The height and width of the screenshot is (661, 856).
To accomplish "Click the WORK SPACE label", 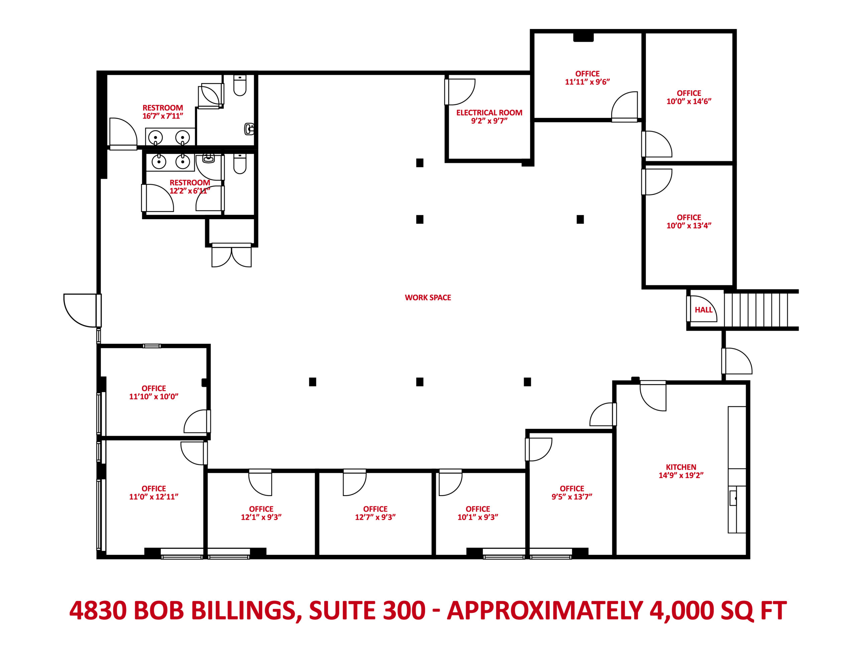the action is [428, 297].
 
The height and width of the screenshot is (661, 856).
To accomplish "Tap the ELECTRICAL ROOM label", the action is [489, 113].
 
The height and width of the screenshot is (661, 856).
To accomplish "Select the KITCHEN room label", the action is [681, 467].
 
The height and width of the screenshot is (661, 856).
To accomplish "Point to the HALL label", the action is [704, 310].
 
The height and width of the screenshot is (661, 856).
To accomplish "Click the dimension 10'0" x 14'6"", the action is [688, 101].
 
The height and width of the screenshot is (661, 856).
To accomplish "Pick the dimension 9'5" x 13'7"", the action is [572, 497].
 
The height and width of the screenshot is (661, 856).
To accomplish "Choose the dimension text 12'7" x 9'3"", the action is [375, 517].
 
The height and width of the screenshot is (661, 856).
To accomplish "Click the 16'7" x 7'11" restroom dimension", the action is [163, 116].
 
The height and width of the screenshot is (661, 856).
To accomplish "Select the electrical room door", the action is [459, 92].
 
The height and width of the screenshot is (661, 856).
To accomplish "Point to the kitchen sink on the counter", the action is [733, 498].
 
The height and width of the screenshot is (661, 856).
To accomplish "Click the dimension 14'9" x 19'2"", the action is [681, 475].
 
